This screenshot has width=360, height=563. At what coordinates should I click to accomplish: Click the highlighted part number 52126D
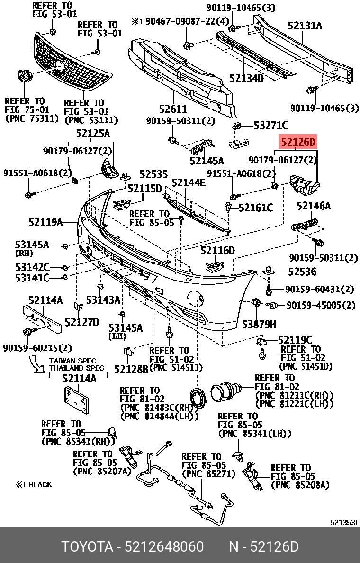tap(298, 142)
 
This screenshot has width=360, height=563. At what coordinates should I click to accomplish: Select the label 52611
tap(172, 109)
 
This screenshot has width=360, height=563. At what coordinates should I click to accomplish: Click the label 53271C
tap(270, 126)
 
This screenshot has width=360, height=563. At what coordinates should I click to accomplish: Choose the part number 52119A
tap(45, 221)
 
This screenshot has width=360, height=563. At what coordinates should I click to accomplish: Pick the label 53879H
tap(259, 324)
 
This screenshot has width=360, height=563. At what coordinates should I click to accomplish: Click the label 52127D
tap(82, 322)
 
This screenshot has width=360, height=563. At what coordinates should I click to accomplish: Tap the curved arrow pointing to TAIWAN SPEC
tap(36, 365)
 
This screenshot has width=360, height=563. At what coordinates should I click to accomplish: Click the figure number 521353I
tap(343, 522)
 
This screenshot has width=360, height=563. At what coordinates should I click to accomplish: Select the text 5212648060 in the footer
tap(165, 547)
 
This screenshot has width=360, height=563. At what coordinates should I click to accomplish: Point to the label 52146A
tap(314, 206)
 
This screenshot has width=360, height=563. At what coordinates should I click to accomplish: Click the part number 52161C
tap(256, 208)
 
